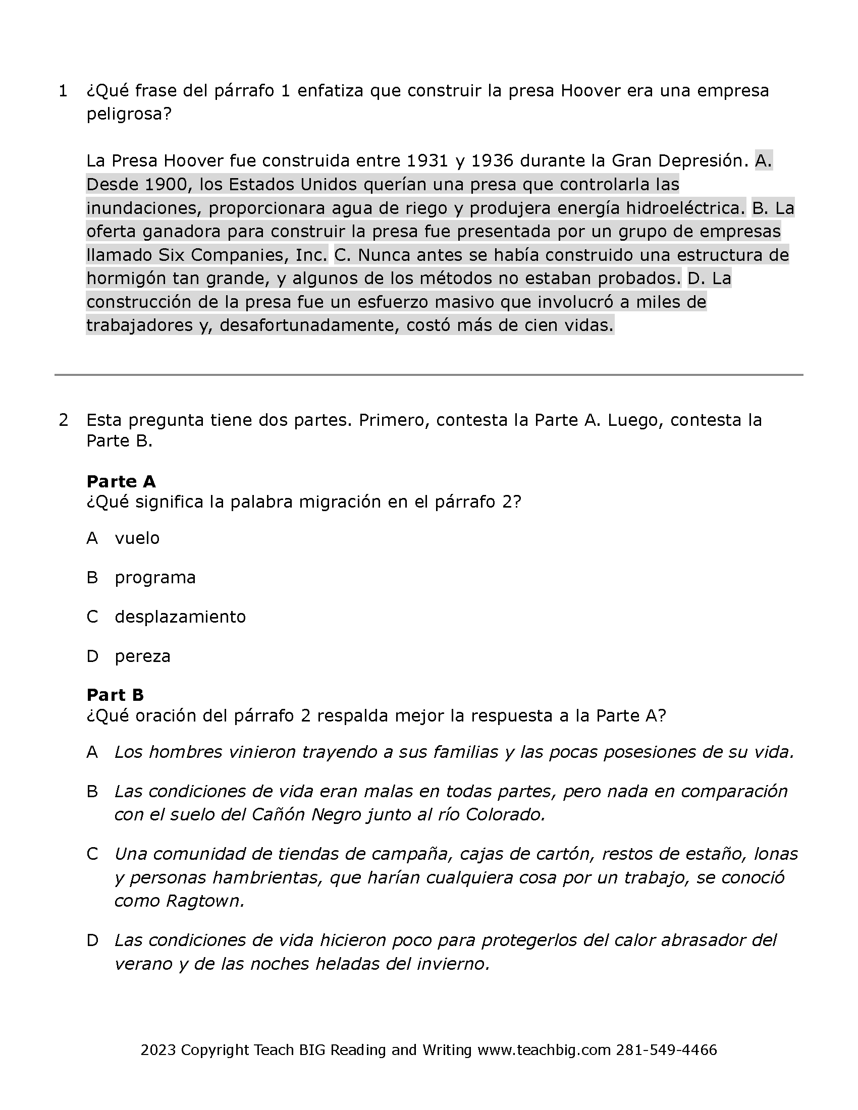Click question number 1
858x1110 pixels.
click(63, 91)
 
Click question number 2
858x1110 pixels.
click(63, 420)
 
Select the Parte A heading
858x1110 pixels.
click(121, 481)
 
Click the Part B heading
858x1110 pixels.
click(116, 695)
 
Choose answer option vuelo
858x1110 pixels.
click(137, 538)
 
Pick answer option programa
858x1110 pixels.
click(155, 578)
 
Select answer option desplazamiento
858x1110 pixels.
click(180, 617)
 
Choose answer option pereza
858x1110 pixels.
click(142, 656)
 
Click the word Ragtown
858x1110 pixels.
click(205, 901)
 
